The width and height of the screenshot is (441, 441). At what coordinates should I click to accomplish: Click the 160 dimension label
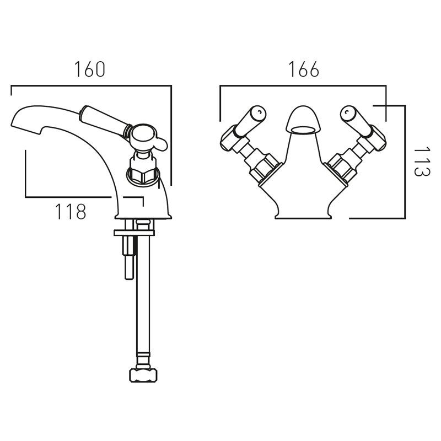pos(90,69)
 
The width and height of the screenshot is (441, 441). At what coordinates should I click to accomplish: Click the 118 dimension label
pos(71,212)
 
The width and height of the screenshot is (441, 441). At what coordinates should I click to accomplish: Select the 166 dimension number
pos(304,69)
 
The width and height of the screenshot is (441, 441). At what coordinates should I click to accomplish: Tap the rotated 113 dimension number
pos(422,161)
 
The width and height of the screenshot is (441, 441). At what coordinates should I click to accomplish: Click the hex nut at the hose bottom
pos(143,375)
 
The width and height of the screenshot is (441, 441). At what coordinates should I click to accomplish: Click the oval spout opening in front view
pos(303,130)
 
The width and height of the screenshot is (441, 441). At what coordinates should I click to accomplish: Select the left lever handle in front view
pos(250,122)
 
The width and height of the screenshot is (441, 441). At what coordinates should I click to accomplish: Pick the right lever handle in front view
pos(357,122)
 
